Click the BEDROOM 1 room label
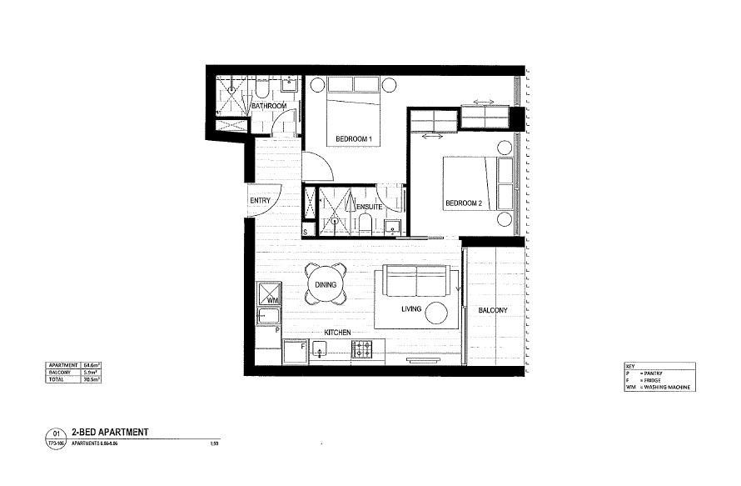(352, 138)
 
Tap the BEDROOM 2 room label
(464, 203)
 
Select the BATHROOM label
(269, 107)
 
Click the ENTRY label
(260, 202)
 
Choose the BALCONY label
(493, 311)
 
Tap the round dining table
(326, 284)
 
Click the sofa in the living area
(414, 282)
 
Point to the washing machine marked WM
(270, 294)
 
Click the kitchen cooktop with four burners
(362, 348)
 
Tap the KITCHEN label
(337, 333)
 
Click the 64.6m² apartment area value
(91, 365)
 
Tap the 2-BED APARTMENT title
(110, 433)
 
